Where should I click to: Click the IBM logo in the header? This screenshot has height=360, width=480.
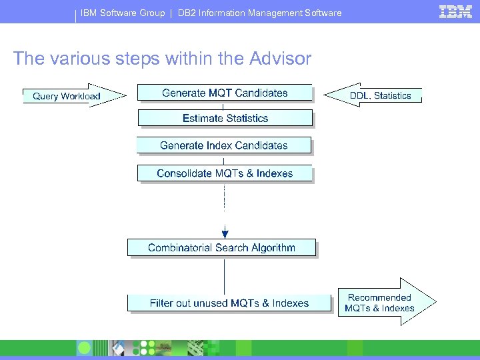point(456,11)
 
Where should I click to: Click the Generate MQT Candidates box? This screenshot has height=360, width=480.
point(225,93)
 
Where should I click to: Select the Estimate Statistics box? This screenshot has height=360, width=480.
point(225,119)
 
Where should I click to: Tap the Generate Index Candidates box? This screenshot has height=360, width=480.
point(224,145)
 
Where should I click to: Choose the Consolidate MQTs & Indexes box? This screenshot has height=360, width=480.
point(225,173)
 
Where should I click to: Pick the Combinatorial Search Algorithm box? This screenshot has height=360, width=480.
point(221,248)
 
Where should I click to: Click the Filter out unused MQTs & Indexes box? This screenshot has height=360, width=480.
point(229,303)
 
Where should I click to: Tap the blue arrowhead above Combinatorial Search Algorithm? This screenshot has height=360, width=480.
point(225,233)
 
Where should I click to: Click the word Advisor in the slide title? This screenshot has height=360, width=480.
point(280,59)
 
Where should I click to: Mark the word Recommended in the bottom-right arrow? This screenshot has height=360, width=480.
point(379,297)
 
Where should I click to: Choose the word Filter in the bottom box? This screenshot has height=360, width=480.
point(161,303)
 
